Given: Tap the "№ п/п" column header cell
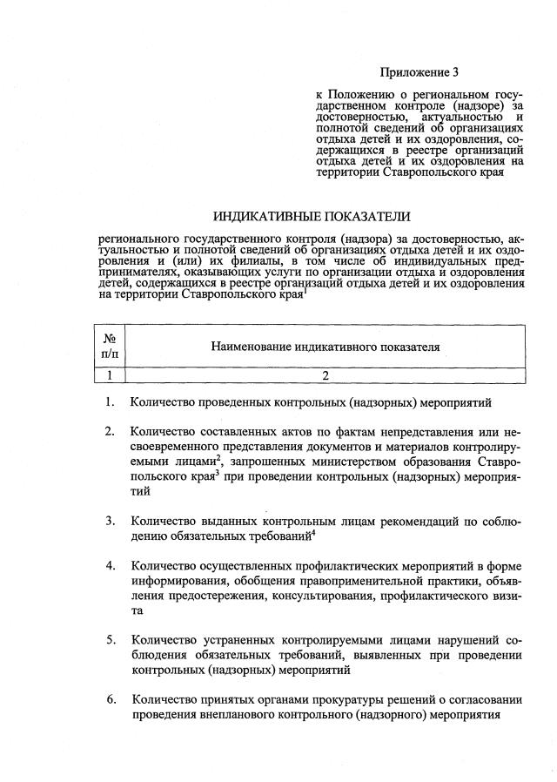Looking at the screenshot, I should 111,347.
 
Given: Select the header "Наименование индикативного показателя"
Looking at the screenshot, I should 325,347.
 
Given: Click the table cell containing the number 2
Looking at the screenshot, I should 325,376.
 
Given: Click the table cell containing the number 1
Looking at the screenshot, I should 111,376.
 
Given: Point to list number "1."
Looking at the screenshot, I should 111,402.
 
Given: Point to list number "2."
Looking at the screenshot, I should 111,431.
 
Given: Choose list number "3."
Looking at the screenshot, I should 111,521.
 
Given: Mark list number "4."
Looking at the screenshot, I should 111,565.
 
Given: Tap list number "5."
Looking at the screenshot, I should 111,640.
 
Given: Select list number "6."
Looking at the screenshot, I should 111,699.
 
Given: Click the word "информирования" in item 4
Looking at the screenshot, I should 177,581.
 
